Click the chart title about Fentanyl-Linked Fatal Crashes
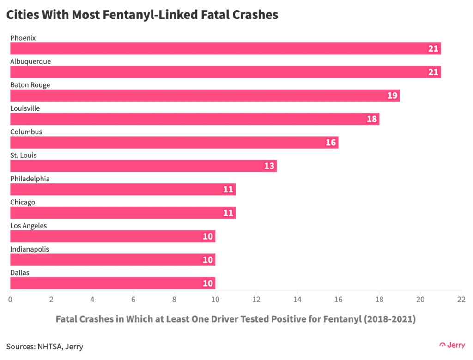click(x=142, y=15)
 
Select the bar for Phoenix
click(x=225, y=48)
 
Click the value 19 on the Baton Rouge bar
click(x=392, y=96)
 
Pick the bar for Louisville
click(x=194, y=119)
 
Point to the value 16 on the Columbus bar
click(x=331, y=143)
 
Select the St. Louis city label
click(x=24, y=155)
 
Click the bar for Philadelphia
click(x=123, y=189)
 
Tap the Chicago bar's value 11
click(x=228, y=213)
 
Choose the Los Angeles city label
click(x=29, y=226)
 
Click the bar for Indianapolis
click(x=113, y=260)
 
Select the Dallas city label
click(x=20, y=273)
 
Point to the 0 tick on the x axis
click(x=10, y=299)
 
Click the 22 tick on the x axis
click(x=461, y=299)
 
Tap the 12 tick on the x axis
click(x=256, y=299)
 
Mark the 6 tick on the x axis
click(x=133, y=299)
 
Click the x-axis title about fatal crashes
click(x=236, y=319)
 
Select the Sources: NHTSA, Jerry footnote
click(x=45, y=346)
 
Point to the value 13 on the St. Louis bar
click(x=269, y=166)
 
